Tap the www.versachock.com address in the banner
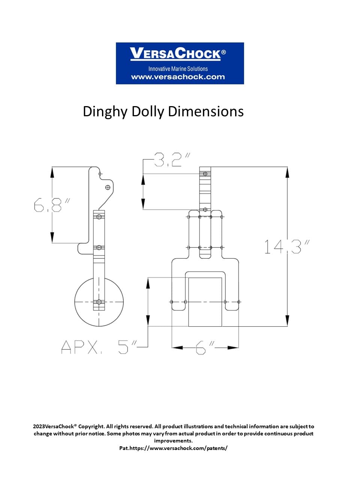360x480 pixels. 178,77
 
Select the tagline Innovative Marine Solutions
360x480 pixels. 178,69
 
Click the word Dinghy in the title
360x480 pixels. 105,112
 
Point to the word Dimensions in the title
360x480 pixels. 205,111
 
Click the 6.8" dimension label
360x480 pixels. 52,205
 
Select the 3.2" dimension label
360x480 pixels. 172,160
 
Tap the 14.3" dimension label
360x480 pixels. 287,247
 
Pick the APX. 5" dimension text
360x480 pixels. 99,347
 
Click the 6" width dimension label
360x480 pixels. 205,347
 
